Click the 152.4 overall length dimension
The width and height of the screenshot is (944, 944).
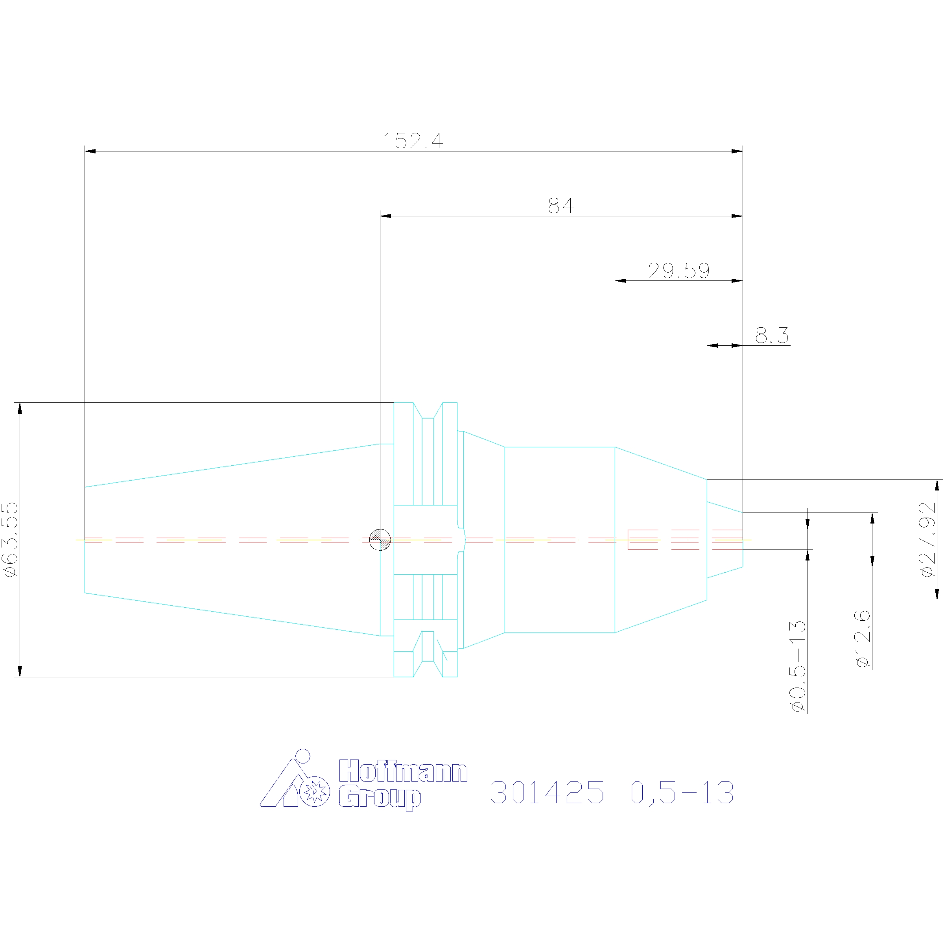click(413, 141)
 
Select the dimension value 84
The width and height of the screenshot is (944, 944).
click(561, 206)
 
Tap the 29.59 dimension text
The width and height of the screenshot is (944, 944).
click(678, 271)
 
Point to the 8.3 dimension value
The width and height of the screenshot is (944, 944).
click(771, 335)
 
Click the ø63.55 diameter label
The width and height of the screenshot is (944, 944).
click(11, 539)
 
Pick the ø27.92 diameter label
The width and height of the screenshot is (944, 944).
click(927, 539)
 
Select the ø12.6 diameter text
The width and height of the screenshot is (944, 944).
click(863, 639)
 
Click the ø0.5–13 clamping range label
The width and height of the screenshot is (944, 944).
click(798, 666)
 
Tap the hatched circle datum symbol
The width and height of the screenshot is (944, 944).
click(380, 539)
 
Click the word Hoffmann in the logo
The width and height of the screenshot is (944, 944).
click(403, 771)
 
